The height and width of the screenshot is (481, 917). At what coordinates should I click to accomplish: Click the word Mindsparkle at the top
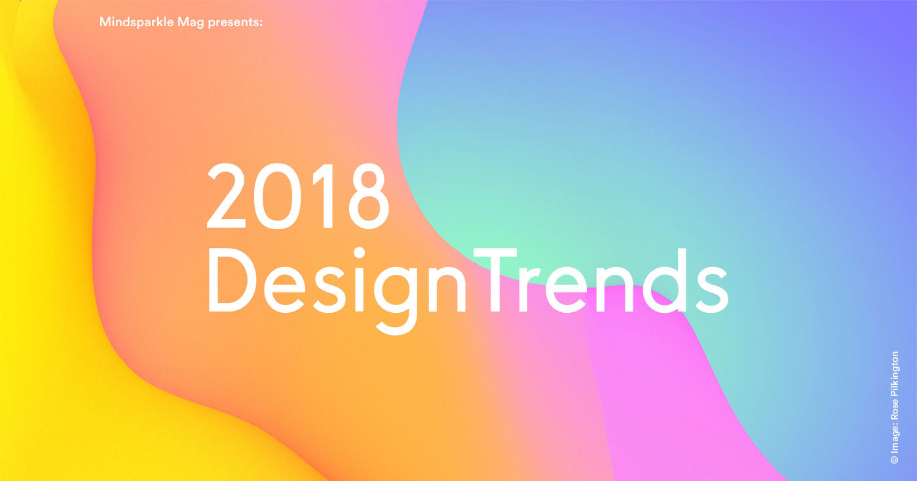click(136, 22)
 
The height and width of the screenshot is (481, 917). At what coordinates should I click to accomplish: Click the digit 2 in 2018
click(226, 196)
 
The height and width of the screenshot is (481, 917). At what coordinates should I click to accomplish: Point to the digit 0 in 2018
click(278, 196)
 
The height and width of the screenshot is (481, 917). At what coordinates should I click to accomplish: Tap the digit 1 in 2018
click(324, 196)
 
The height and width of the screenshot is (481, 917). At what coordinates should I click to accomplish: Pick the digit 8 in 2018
click(368, 196)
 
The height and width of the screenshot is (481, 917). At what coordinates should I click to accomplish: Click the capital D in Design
click(232, 281)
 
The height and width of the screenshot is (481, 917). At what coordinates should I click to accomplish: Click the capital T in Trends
click(495, 281)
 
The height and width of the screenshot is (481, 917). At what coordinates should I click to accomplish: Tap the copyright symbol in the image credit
click(895, 459)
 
